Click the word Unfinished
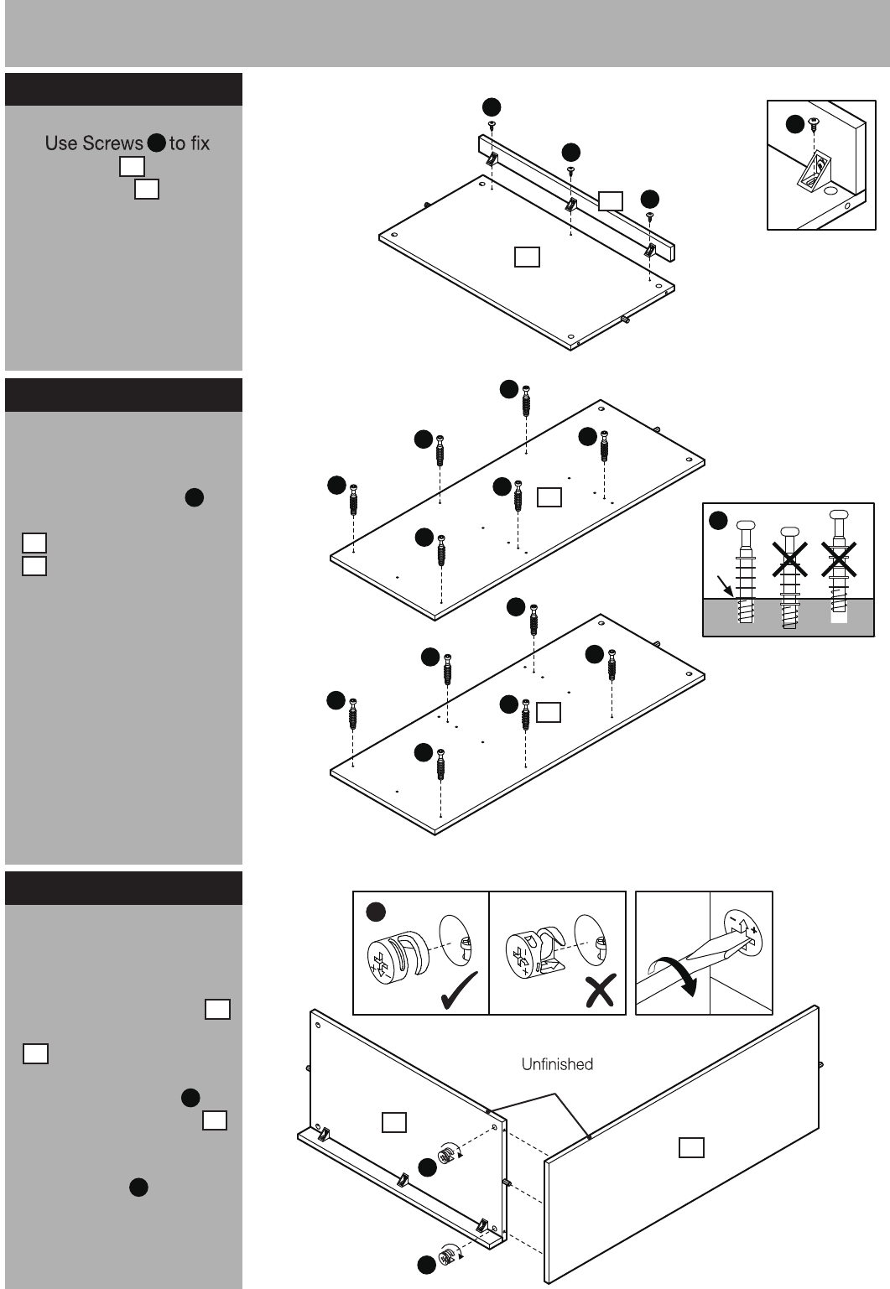(x=557, y=1064)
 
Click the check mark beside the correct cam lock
(x=459, y=990)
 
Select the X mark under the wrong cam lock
(x=601, y=990)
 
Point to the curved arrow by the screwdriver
(x=673, y=975)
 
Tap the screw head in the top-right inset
(x=814, y=122)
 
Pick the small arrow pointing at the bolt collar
(x=726, y=586)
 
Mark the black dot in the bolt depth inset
(x=718, y=521)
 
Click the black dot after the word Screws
(x=157, y=143)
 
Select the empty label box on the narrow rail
(x=610, y=200)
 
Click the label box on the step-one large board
(x=527, y=257)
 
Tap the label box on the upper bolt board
(x=549, y=497)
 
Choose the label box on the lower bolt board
(x=548, y=712)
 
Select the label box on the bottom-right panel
(x=691, y=1147)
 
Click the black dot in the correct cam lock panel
(x=376, y=912)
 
